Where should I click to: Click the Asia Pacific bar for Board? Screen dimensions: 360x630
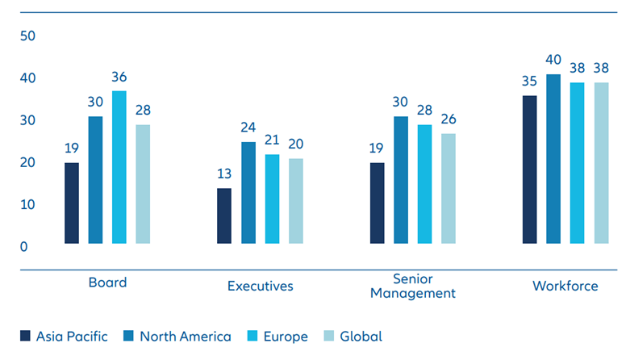[x=72, y=203]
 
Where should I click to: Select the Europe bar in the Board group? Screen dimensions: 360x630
[x=119, y=167]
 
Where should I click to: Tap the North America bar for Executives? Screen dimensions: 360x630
[x=248, y=192]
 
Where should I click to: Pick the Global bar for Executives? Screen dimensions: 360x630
[x=296, y=201]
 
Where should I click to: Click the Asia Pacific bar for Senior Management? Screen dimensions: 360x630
[x=378, y=203]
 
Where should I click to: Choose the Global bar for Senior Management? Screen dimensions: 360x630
[x=449, y=188]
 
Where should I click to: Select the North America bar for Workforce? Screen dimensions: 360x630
[x=553, y=158]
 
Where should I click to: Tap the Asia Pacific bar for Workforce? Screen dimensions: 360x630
[x=529, y=169]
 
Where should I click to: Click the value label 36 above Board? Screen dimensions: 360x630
[x=119, y=77]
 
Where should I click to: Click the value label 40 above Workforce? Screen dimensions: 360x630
[x=553, y=61]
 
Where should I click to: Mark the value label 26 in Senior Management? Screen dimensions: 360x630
[x=449, y=120]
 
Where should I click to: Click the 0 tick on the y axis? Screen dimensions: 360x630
[x=24, y=246]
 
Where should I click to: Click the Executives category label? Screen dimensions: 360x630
[x=260, y=286]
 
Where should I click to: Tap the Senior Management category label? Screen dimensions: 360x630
[x=413, y=286]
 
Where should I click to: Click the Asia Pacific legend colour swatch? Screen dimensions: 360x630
[x=25, y=337]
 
